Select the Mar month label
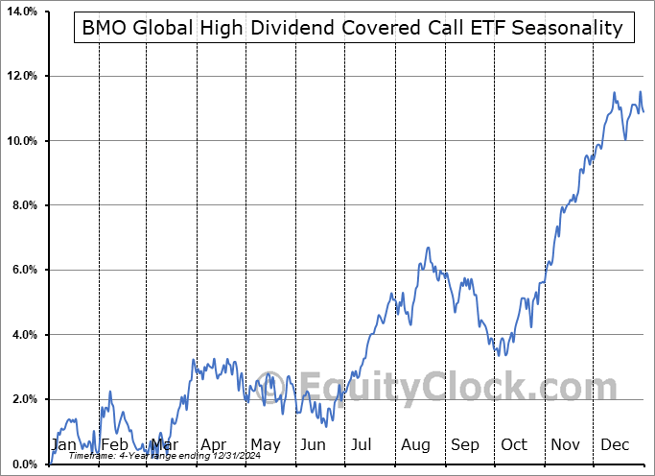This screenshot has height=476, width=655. point(164,444)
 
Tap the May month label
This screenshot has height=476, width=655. point(265,444)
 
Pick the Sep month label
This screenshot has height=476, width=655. point(465,444)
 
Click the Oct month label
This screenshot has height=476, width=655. point(515,444)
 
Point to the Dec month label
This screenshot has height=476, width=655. point(615,444)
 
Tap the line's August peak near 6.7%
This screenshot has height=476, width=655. point(428,248)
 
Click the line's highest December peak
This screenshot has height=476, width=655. point(640,92)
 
